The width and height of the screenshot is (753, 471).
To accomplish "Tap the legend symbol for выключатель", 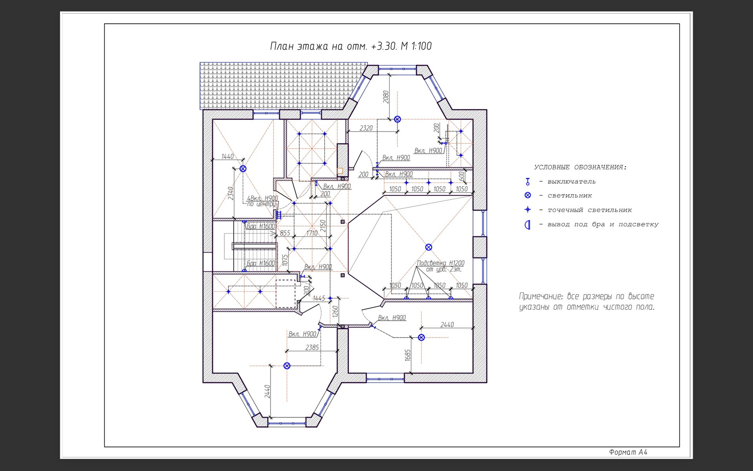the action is pos(528,182).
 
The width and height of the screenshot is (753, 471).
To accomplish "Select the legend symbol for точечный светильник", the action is pos(528,210).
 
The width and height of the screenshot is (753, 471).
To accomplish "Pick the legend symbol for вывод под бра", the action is pos(527,225).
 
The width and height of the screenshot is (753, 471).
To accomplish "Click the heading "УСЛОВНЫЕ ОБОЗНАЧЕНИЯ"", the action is pos(580,167).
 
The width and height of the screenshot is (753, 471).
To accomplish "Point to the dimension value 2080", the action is pos(386,97).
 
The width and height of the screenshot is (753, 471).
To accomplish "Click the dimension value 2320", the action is pos(366,128).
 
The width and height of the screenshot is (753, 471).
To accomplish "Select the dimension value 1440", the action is pos(227,156).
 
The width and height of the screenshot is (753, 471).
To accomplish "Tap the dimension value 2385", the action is pos(312,347).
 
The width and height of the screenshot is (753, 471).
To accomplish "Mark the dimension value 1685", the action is pos(408,356).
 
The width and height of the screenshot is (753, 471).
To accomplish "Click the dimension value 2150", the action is pos(323,226).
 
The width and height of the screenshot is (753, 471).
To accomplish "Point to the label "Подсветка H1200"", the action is pos(440,263).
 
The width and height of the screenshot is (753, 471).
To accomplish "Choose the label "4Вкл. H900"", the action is pos(262,199).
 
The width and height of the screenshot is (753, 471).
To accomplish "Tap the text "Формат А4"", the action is pos(628,452).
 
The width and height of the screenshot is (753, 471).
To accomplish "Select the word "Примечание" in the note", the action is pos(542,296).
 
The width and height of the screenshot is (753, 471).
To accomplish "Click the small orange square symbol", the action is pos(340,171).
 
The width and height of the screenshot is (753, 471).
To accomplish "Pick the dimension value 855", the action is pos(285,233).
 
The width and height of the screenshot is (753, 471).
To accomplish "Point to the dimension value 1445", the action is pos(319,298).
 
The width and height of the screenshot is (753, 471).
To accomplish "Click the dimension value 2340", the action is pos(231,193).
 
